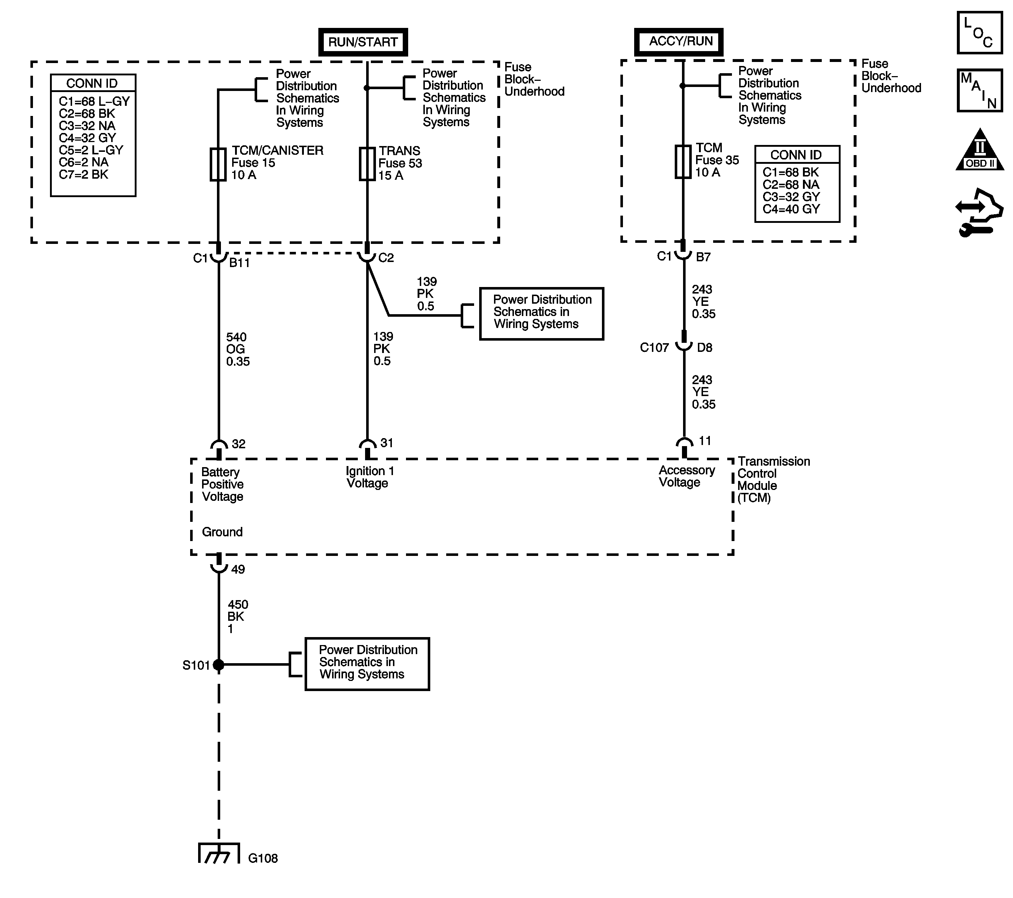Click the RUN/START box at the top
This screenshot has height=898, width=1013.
[x=363, y=42]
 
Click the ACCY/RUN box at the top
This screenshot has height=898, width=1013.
[x=678, y=42]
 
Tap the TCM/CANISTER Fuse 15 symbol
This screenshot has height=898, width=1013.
[x=218, y=164]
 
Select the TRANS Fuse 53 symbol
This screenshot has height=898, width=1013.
[x=367, y=164]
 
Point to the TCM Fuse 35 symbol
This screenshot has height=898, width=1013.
[x=683, y=162]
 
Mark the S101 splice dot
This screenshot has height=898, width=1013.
[x=218, y=665]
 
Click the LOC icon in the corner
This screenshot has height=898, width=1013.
[x=979, y=32]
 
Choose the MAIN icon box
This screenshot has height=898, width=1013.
[x=979, y=90]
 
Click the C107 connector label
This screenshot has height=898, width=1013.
[x=654, y=348]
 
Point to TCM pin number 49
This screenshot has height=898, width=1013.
[x=238, y=569]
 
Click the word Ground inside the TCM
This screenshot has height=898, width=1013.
[x=222, y=532]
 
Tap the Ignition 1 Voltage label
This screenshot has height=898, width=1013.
[x=370, y=477]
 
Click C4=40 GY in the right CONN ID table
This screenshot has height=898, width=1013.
[x=791, y=209]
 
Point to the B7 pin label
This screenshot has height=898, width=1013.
[x=703, y=257]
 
